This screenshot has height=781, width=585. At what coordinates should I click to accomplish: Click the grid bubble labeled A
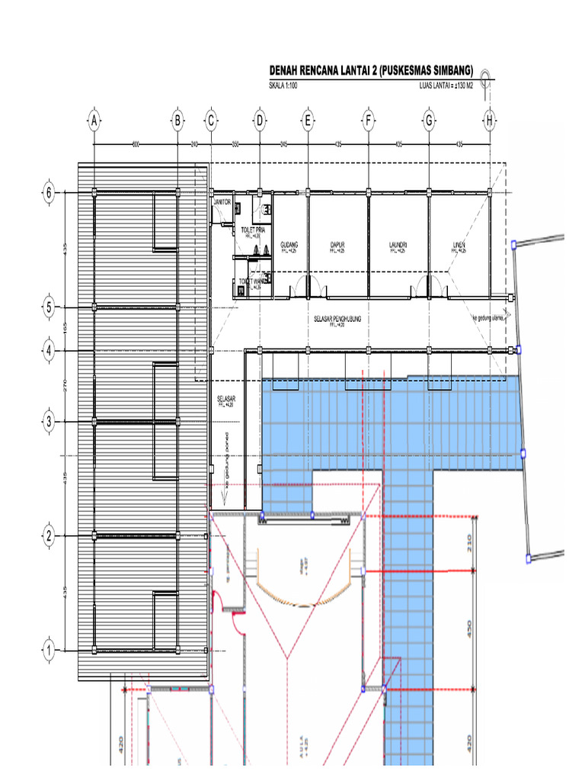pos(94,121)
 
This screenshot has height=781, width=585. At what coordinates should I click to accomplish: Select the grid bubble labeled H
pos(489,121)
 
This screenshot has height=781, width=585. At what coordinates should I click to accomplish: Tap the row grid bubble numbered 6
pos(50,193)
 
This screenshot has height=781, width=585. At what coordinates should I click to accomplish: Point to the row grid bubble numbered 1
pos(50,651)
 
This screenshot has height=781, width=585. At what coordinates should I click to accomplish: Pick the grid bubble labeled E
pos(308,121)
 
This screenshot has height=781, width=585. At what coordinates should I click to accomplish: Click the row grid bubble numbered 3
pos(50,421)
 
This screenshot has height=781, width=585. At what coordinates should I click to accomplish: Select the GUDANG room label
pos(289,246)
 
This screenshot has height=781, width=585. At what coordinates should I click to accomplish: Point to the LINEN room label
pos(459,246)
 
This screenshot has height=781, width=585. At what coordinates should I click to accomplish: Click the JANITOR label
pos(221,202)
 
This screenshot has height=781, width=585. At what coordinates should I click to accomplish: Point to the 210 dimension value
pos(470,542)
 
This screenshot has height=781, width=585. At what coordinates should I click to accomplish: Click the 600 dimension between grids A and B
pos(135,143)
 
